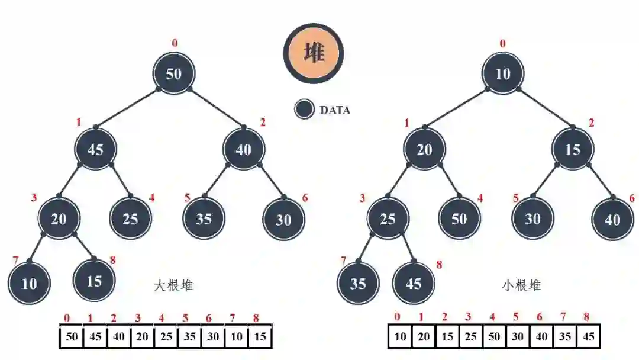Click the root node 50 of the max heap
tap(173, 74)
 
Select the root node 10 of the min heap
tap(502, 74)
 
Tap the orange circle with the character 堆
tap(314, 53)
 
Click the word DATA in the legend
tap(335, 110)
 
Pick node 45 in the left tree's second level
tap(95, 149)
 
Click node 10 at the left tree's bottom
tap(29, 284)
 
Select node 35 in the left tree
tap(204, 219)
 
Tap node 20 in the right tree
tap(424, 149)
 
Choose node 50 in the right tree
tap(459, 219)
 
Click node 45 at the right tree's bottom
tap(413, 284)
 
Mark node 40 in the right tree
tap(612, 219)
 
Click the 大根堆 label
tap(173, 286)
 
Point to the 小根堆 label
tap(521, 286)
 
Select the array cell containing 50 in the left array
tap(72, 337)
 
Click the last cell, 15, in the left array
tap(260, 337)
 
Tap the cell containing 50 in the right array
tap(493, 337)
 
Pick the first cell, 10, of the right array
tap(401, 337)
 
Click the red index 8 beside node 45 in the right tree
tap(439, 265)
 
